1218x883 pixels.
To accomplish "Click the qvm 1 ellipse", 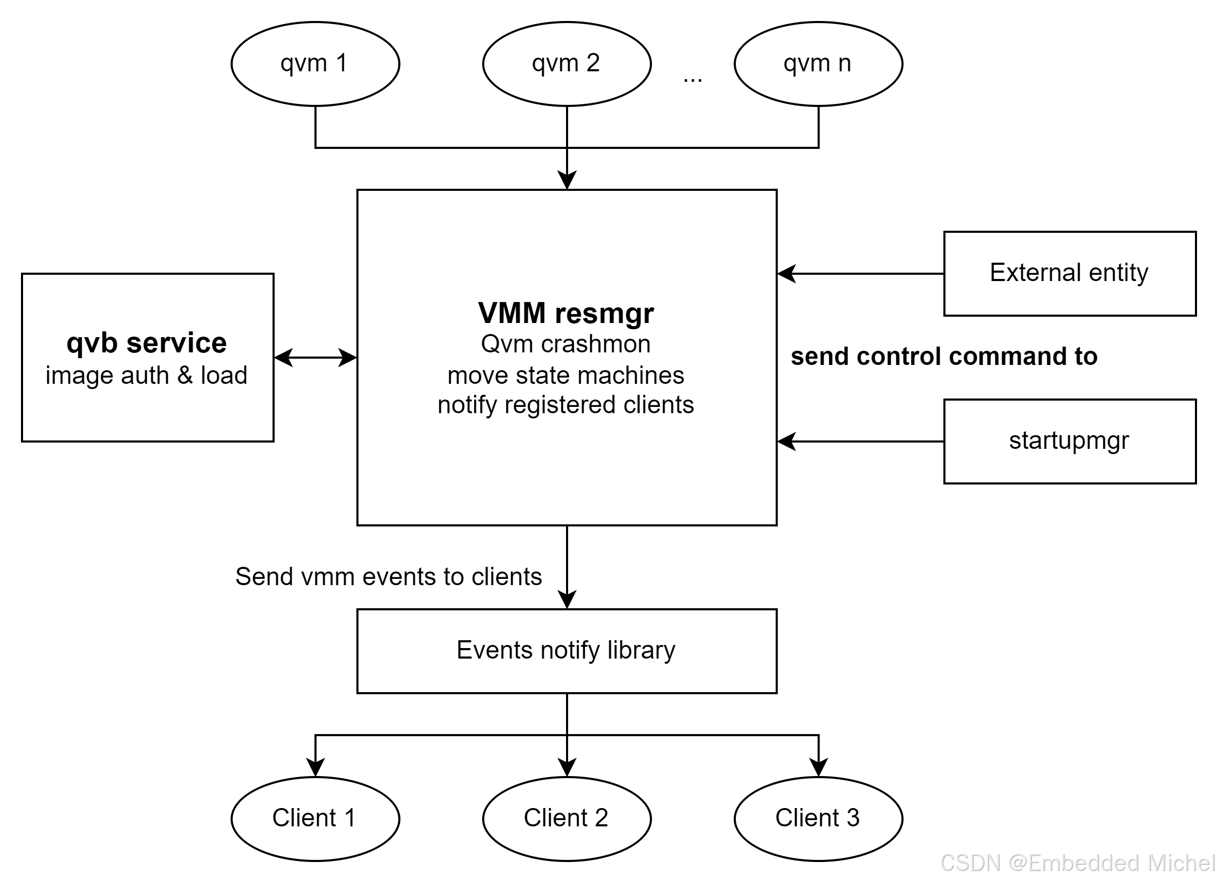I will (x=315, y=63).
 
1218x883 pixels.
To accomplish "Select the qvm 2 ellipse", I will (x=567, y=63).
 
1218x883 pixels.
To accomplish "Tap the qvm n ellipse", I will (x=818, y=63).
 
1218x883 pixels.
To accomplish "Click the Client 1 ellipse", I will (x=315, y=818).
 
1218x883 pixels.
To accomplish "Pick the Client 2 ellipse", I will (x=567, y=818).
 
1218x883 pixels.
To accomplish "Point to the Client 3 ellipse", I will (x=818, y=818).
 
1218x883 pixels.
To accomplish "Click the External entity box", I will (x=1069, y=273).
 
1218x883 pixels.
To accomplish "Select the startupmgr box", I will (x=1069, y=440).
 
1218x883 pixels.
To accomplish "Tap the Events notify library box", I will (x=567, y=651).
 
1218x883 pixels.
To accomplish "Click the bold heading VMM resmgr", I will (x=566, y=314).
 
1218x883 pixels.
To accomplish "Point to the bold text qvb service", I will (x=147, y=343).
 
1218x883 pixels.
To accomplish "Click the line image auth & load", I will (x=147, y=375).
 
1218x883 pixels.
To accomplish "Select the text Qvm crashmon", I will (x=565, y=344).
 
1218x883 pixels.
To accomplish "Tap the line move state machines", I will (x=565, y=375).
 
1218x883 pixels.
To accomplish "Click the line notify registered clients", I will (x=565, y=405).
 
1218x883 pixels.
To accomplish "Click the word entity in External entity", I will (x=1118, y=273).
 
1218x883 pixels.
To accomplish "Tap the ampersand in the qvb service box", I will (x=184, y=375).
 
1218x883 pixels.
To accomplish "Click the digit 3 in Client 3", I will (x=853, y=818).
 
